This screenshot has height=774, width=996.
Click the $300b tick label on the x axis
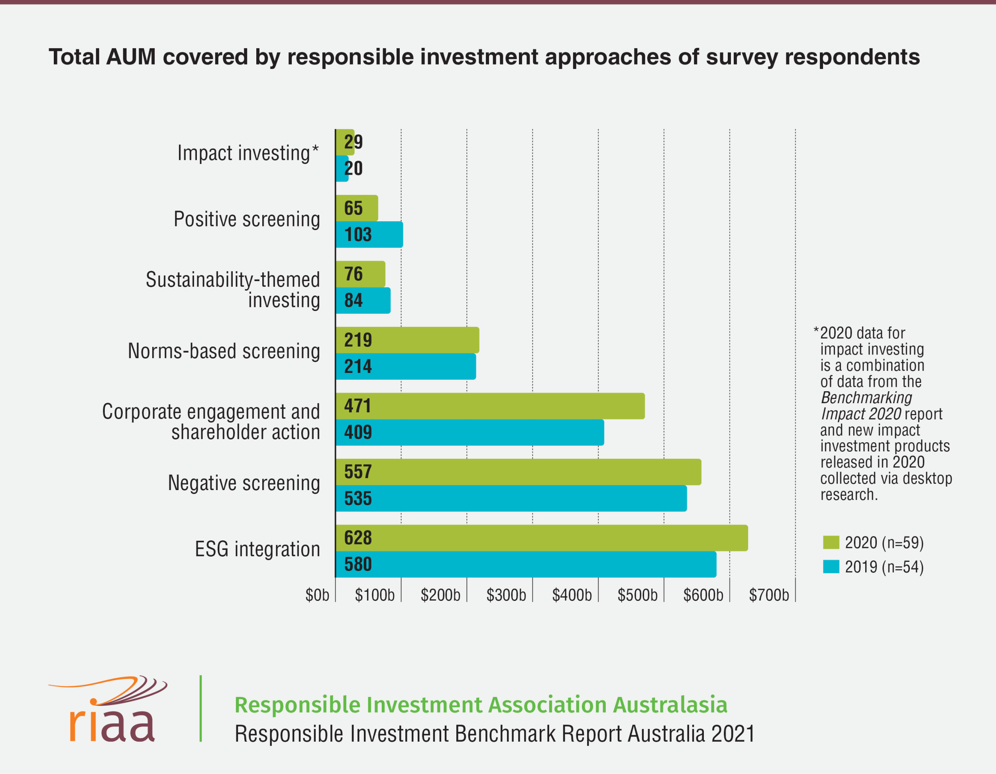506,595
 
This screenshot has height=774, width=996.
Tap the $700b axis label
769,595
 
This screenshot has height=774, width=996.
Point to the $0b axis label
317,595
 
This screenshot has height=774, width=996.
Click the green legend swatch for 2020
831,542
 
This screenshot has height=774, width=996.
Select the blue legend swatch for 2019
831,566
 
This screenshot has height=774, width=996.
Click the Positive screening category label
247,219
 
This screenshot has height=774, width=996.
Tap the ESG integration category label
257,549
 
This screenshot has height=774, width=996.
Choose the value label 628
358,538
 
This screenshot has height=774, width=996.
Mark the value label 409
358,432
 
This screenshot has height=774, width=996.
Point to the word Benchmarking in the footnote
866,398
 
